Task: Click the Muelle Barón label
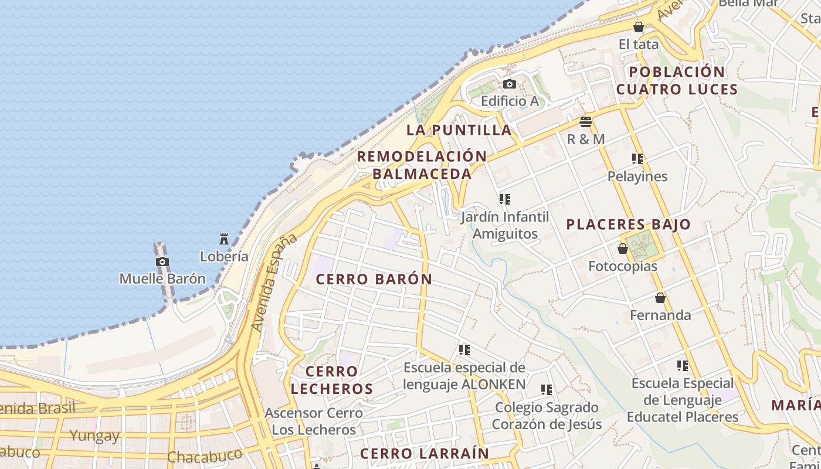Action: (162, 278)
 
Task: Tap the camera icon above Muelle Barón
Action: (162, 262)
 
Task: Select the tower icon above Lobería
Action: (223, 239)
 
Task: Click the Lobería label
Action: (223, 256)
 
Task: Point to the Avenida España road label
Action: (273, 283)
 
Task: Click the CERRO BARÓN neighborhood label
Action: (374, 280)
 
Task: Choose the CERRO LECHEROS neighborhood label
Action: (331, 380)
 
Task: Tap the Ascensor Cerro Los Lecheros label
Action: (314, 421)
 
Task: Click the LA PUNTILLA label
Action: (459, 130)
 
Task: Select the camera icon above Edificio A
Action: (510, 84)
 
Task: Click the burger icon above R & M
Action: (585, 122)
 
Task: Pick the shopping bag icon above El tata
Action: (639, 27)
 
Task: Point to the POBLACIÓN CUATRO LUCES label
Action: (677, 81)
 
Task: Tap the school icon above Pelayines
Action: (637, 159)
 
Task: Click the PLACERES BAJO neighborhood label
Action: (628, 225)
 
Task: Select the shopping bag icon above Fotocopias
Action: (623, 249)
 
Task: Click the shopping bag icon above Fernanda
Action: (660, 298)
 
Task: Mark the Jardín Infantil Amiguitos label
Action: (505, 225)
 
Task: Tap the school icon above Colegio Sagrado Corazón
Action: (547, 390)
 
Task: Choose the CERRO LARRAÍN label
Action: (424, 453)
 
